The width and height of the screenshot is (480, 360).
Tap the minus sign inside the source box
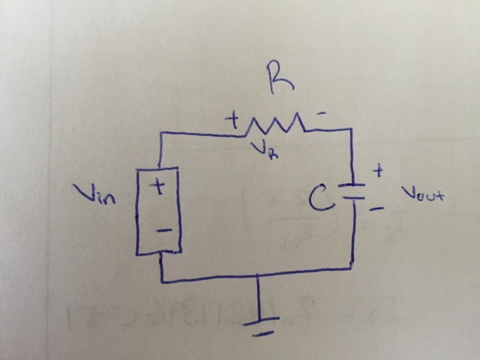pos(162,231)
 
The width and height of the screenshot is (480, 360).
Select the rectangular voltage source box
pos(159,211)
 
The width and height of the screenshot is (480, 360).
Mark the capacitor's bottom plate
pos(353,197)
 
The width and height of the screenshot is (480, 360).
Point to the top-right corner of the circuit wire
pos(351,128)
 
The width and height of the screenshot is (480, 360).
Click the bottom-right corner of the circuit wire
pos(354,265)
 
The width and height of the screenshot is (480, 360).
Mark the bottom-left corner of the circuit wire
pos(163,280)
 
